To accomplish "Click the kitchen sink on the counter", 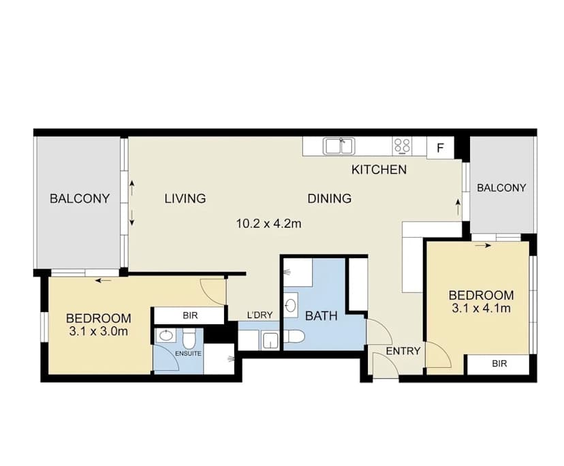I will pos(339,146).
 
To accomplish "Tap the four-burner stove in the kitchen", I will pos(402,146).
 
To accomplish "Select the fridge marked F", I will pos(440,147).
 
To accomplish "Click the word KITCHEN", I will pos(379,170).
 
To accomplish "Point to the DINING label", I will pos(329,199).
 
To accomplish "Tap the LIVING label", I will pos(185,199).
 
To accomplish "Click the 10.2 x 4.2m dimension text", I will pos(268,223).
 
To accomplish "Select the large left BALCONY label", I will pos(80,199).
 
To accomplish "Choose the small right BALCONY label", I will pos(501,188).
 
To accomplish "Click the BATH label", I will pos(320,316).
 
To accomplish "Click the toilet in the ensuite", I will pos(191,337).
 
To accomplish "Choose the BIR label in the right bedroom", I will pos(499,364).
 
